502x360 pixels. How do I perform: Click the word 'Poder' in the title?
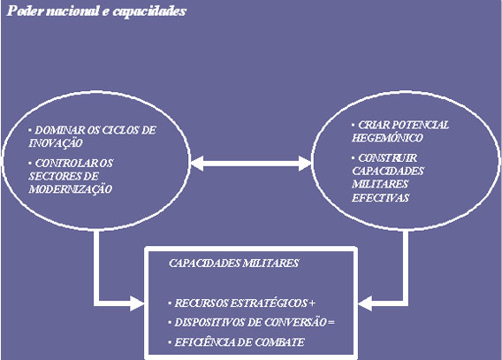[25, 11]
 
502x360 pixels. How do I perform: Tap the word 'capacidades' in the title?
[149, 11]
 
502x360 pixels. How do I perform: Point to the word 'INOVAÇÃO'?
[56, 142]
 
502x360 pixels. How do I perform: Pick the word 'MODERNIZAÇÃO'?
[71, 189]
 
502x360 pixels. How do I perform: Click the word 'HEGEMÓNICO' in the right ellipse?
[387, 138]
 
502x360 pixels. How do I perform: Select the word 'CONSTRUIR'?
[387, 158]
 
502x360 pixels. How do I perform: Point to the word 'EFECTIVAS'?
[380, 197]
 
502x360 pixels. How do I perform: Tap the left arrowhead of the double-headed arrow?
[197, 164]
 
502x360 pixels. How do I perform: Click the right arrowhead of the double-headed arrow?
[305, 164]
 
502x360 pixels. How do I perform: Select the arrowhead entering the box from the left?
[137, 303]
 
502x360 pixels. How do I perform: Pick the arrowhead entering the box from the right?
[365, 303]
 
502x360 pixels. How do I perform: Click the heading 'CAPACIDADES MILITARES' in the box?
[233, 264]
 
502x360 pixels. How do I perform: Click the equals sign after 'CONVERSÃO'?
[331, 323]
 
